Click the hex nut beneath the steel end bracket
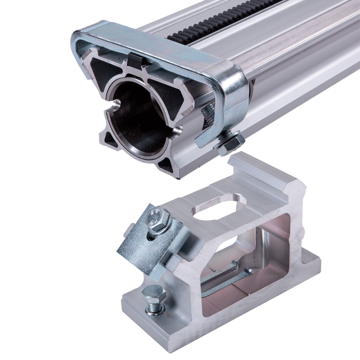pos(229,142)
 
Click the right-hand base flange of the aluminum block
pos(307,265)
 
